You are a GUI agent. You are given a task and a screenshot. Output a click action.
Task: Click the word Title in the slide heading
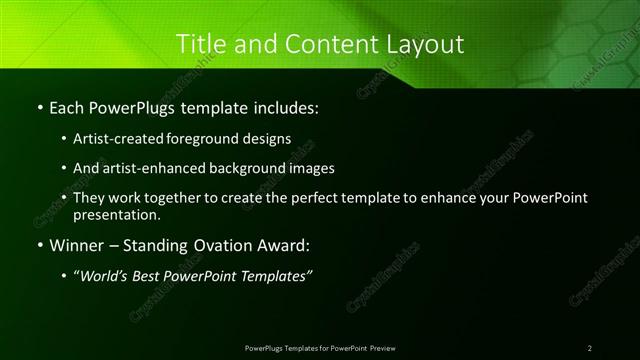pos(200,44)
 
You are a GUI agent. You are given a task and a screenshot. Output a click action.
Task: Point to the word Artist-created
pos(115,138)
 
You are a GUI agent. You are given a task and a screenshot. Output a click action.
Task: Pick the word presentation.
pos(117,214)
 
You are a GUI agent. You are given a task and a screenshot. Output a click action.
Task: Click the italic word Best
pos(148,276)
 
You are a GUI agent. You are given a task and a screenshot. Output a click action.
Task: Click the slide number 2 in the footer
pos(590,347)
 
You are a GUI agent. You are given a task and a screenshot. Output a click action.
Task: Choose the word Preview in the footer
pos(382,347)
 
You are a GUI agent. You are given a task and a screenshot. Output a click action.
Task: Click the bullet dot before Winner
pos(39,245)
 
